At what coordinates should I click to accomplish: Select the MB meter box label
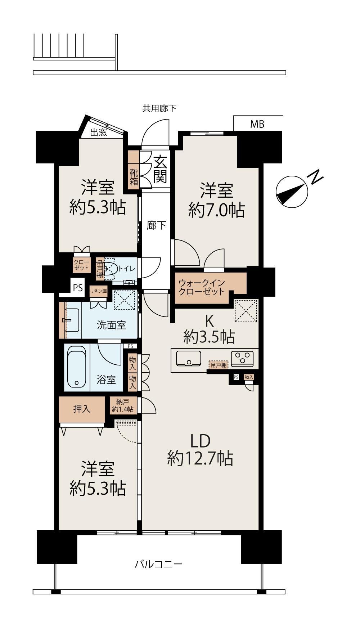257,124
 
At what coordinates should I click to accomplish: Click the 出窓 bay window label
98,133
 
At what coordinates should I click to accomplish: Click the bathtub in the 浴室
77,367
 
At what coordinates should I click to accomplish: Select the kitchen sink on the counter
188,358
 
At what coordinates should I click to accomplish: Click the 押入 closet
82,409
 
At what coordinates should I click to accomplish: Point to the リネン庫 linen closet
98,291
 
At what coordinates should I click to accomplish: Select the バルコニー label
158,564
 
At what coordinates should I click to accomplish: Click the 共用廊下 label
159,108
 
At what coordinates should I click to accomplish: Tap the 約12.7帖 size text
200,459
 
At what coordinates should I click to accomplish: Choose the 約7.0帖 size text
216,210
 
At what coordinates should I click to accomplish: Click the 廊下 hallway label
157,226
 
